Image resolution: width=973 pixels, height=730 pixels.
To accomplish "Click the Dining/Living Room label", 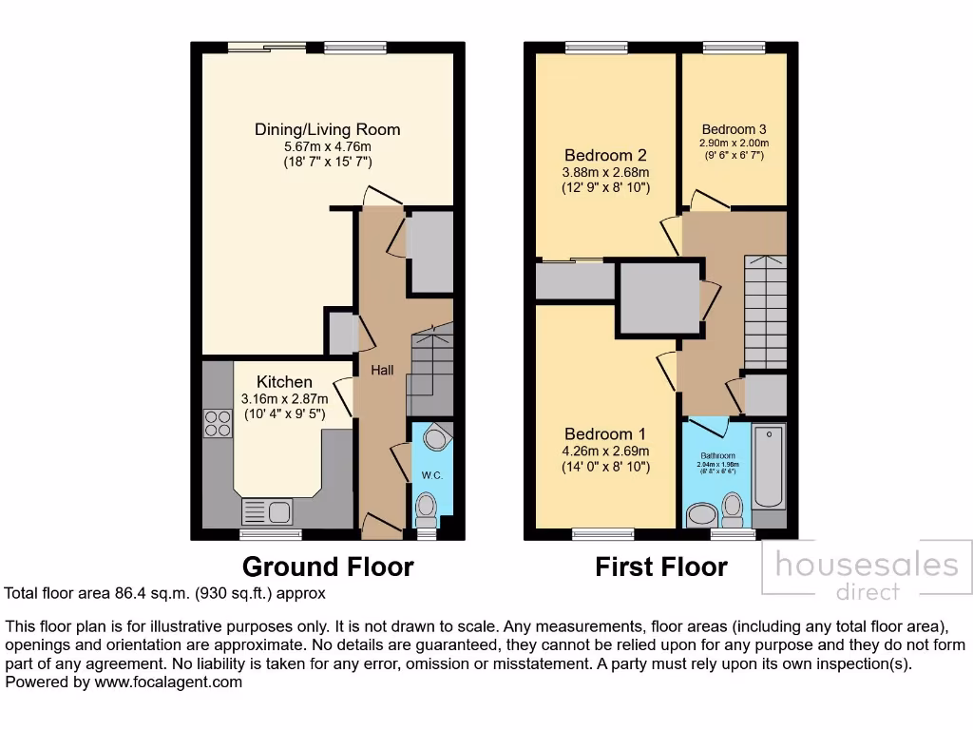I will pos(327,129).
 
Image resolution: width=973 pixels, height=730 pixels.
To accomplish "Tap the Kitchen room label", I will pos(284,381).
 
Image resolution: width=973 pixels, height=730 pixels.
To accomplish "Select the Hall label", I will pos(382,370).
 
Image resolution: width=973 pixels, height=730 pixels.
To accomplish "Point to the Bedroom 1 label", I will pos(604,434).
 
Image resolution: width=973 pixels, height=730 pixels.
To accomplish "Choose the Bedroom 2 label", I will pos(605,155).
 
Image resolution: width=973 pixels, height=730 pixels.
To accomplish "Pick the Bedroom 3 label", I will pos(734,129).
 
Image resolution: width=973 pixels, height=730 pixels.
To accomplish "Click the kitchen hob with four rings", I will pos(218,422).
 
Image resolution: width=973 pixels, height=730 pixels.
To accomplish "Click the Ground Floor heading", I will pos(328,567).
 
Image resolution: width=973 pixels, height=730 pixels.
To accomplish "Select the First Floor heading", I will pos(661,567).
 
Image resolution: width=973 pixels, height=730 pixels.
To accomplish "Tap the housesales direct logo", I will pos(868,572).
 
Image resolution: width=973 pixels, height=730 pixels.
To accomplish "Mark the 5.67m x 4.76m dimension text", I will pos(327,147).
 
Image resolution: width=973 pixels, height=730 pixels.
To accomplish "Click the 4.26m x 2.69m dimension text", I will pos(604,451).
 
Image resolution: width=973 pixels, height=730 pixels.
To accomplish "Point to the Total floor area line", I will pos(165,593).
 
